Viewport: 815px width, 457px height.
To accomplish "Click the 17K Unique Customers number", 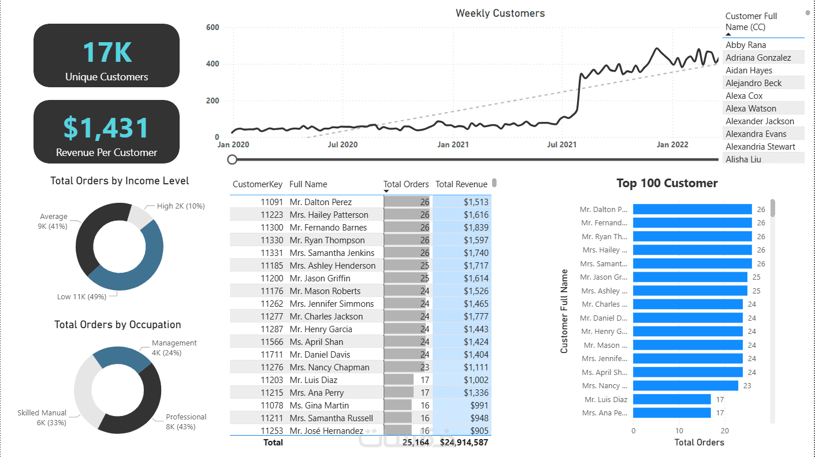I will (x=107, y=52).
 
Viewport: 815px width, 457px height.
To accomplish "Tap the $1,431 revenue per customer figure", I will (x=107, y=128).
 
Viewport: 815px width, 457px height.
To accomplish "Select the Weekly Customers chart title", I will (x=500, y=13).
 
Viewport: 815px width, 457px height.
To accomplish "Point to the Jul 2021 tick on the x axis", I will (x=561, y=145).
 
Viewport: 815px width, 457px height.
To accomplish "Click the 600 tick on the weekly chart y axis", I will (x=212, y=27).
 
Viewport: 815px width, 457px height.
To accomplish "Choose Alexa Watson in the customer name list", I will (x=750, y=109).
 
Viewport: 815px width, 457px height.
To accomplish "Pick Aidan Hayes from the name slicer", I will (x=749, y=70).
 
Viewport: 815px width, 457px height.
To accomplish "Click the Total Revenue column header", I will (x=461, y=184).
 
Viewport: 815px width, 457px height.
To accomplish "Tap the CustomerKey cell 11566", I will (x=271, y=342).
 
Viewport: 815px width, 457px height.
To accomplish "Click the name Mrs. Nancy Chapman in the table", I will (x=329, y=367).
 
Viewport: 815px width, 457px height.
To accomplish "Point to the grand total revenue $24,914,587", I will (x=464, y=443).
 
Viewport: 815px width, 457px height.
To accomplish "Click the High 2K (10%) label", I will (x=181, y=206).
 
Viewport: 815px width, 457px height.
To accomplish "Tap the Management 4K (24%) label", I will (x=174, y=347).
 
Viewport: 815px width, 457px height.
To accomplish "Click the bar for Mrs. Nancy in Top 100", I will (x=685, y=386).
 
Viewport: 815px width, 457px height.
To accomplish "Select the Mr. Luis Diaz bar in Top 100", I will (x=671, y=399).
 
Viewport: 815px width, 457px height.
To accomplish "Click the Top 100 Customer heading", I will (x=667, y=184).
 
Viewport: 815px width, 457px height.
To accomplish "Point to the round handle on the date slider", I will (x=232, y=159).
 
